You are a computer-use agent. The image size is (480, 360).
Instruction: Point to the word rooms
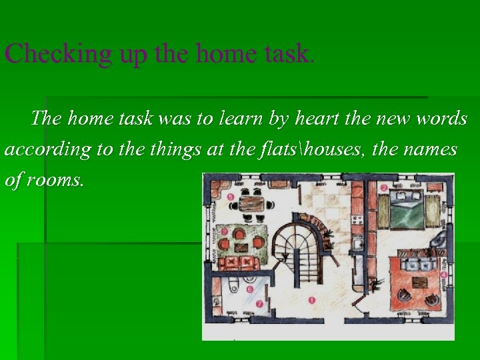(x=55, y=180)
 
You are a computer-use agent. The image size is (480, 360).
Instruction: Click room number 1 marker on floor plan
(x=311, y=300)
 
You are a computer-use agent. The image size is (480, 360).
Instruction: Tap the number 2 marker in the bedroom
(x=384, y=189)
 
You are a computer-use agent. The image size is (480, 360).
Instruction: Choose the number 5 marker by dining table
(x=230, y=197)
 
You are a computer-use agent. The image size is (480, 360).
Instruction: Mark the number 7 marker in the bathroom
(x=259, y=304)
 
